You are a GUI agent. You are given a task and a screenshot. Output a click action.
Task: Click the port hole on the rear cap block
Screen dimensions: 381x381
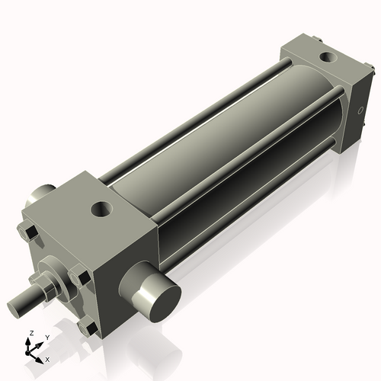(325, 57)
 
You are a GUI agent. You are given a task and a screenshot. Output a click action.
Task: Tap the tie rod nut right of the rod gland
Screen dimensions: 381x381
(78, 275)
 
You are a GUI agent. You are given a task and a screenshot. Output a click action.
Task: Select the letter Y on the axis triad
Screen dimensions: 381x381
(46, 337)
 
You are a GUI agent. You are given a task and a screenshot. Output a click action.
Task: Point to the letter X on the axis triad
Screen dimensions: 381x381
(47, 358)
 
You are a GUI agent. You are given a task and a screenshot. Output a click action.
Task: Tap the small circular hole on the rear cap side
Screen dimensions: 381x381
(360, 112)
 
